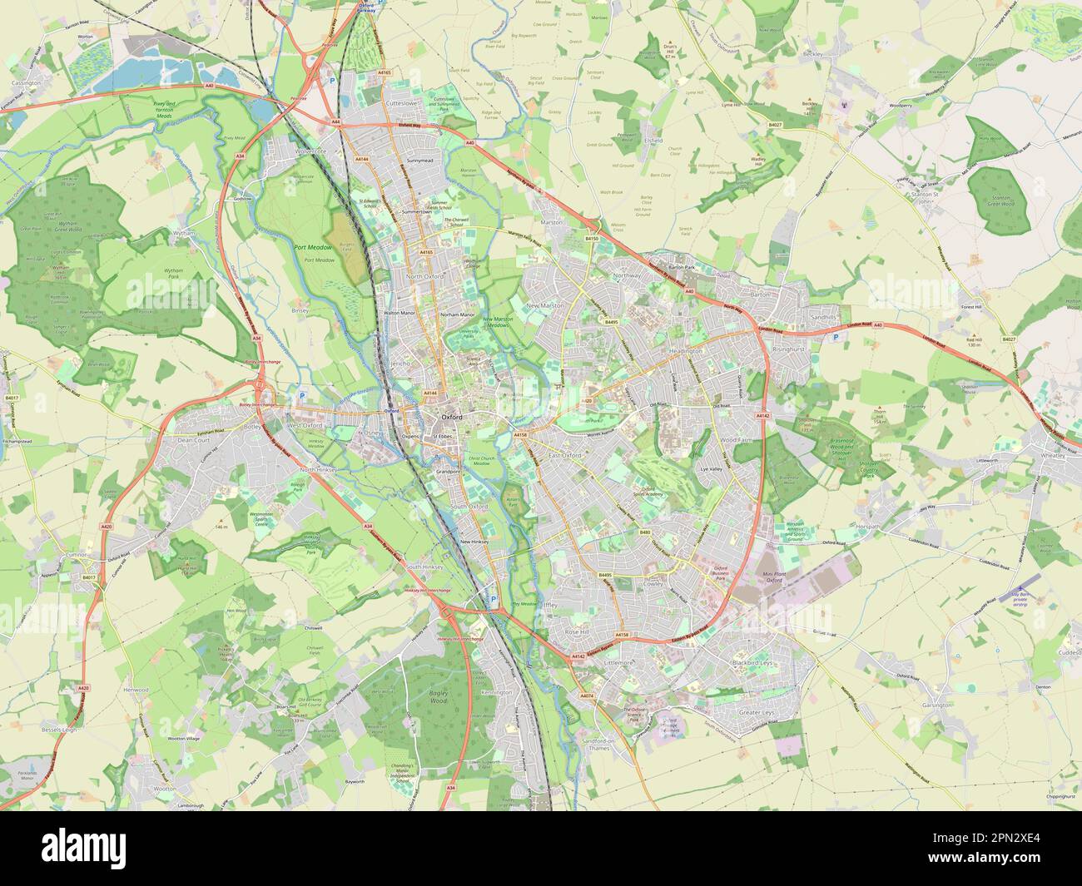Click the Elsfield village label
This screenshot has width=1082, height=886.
pyautogui.click(x=653, y=141)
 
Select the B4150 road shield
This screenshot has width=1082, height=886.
pyautogui.click(x=592, y=239)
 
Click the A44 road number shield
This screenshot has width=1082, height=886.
pyautogui.click(x=336, y=122)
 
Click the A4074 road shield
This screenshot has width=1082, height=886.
pyautogui.click(x=587, y=695)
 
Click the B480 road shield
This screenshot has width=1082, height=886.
pyautogui.click(x=644, y=532)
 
